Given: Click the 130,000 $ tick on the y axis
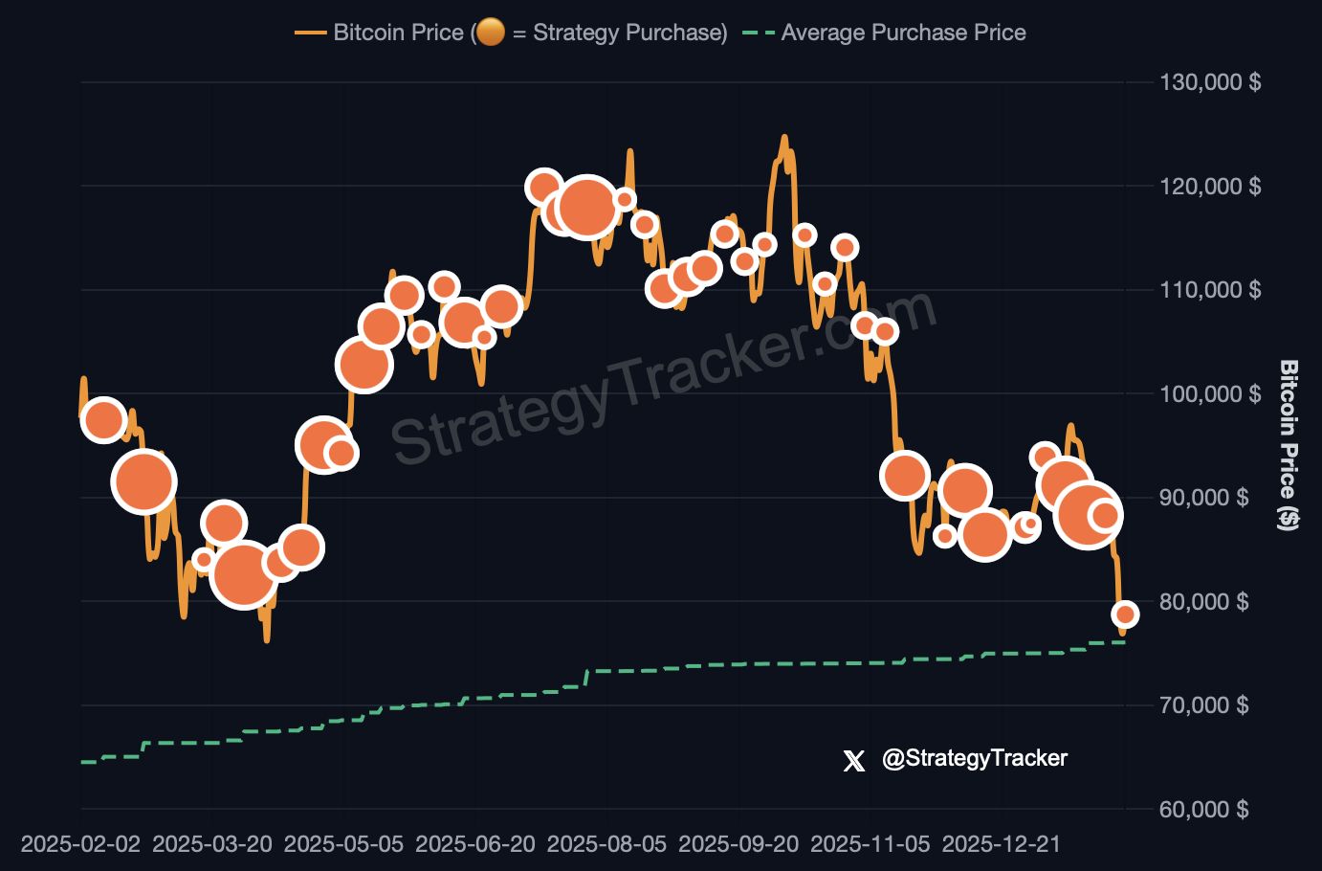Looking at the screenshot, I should point(1209,82).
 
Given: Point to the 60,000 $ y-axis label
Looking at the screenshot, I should point(1203,810).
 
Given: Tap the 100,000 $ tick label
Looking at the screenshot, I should point(1209,393).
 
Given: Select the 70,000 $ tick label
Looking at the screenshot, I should point(1203,705).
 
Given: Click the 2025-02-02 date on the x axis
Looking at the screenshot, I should point(80,844).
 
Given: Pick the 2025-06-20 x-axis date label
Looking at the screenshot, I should point(475,844).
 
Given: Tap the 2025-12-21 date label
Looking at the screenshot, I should point(1001,844).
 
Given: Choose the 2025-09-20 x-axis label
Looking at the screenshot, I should point(738,844).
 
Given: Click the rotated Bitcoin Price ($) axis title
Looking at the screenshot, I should point(1289,444).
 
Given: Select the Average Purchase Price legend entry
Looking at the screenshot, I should point(903,33).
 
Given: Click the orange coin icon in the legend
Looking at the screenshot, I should point(491,33).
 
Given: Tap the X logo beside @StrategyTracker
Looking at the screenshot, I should point(853,760).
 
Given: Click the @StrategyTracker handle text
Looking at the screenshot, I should point(974,758).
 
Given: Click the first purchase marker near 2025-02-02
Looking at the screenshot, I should point(103,419).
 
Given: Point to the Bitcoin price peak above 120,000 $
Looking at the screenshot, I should point(784,138).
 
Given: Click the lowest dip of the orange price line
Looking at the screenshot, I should point(267,639).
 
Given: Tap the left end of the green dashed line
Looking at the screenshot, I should point(83,762).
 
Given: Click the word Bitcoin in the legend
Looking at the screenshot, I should point(366,33).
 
